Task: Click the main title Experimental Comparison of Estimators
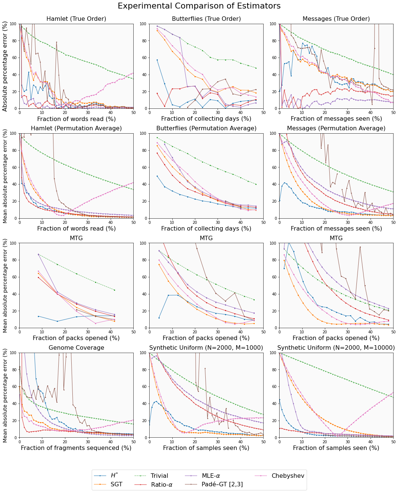pos(199,6)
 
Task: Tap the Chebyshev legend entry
pos(288,476)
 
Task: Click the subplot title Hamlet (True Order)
pos(76,19)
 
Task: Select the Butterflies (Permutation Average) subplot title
pos(206,128)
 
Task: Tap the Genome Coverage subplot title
pos(76,348)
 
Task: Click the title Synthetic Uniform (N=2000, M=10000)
pos(336,348)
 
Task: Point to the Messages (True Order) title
pos(336,19)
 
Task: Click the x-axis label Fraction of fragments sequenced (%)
pos(76,448)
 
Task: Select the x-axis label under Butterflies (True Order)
pos(206,119)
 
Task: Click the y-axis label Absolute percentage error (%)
pos(5,66)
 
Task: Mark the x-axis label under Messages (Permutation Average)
pos(336,229)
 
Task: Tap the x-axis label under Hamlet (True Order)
pos(76,119)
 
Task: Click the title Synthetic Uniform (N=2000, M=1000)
pos(206,348)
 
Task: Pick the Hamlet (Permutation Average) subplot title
pos(76,128)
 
